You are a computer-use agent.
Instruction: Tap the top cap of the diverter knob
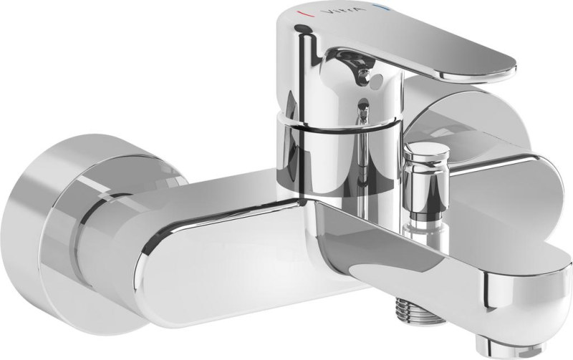point(426,151)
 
